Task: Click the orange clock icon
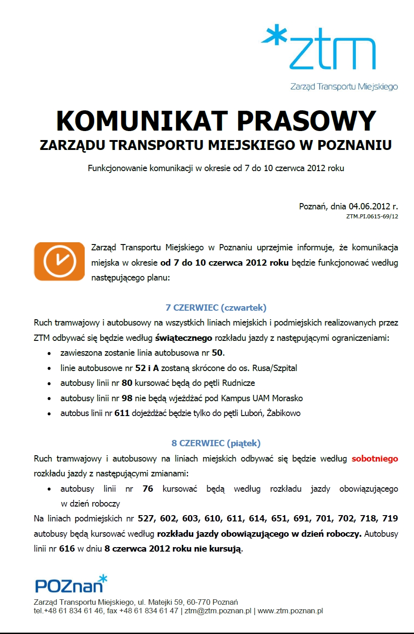[x=59, y=262]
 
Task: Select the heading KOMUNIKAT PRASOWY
[x=216, y=121]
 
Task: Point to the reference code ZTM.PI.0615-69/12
[x=372, y=217]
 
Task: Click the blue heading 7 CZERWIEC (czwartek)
[x=216, y=308]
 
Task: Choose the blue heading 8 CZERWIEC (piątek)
[x=216, y=444]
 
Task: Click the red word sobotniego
[x=375, y=459]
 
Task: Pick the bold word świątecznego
[x=183, y=338]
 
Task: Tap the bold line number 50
[x=217, y=353]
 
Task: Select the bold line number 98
[x=127, y=399]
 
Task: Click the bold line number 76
[x=148, y=489]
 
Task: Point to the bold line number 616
[x=67, y=549]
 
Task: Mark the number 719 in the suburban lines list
[x=390, y=519]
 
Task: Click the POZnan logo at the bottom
[x=71, y=584]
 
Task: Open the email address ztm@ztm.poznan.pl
[x=218, y=611]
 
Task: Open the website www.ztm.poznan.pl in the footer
[x=290, y=611]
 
